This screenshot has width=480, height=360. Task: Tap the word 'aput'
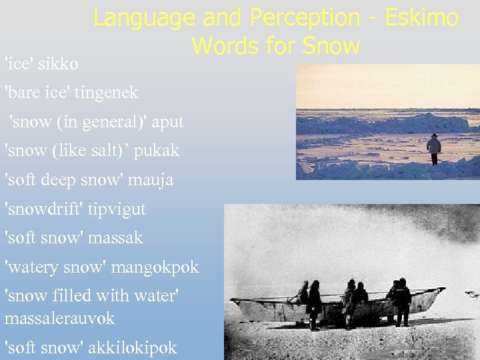click(167, 122)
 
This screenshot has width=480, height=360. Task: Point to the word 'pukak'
click(157, 151)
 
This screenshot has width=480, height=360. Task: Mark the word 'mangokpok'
click(155, 267)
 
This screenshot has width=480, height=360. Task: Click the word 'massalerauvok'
click(60, 318)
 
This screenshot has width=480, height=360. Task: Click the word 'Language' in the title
click(143, 18)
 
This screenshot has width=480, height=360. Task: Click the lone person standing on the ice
click(434, 149)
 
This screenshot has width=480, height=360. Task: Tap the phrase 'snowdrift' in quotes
click(42, 209)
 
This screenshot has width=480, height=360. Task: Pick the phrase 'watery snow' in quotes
click(56, 267)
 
